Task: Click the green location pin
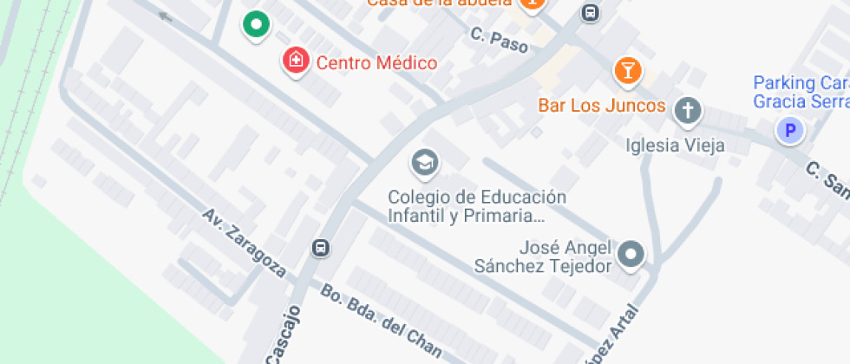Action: pyautogui.click(x=255, y=25)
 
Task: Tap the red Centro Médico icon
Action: pyautogui.click(x=296, y=61)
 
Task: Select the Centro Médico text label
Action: pyautogui.click(x=376, y=62)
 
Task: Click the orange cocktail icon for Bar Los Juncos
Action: pyautogui.click(x=628, y=71)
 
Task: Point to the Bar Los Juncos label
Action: pyautogui.click(x=601, y=106)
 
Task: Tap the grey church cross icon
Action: pyautogui.click(x=688, y=110)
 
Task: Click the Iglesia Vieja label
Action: pyautogui.click(x=675, y=145)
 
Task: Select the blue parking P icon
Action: pyautogui.click(x=790, y=132)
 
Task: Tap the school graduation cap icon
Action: pyautogui.click(x=424, y=161)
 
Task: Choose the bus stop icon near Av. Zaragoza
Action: pyautogui.click(x=320, y=248)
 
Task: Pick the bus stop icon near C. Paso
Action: pyautogui.click(x=591, y=13)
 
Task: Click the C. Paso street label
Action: pyautogui.click(x=500, y=39)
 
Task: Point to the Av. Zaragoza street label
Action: pyautogui.click(x=245, y=242)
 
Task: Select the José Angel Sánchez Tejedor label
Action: pyautogui.click(x=542, y=257)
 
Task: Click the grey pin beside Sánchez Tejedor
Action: pyautogui.click(x=632, y=253)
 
